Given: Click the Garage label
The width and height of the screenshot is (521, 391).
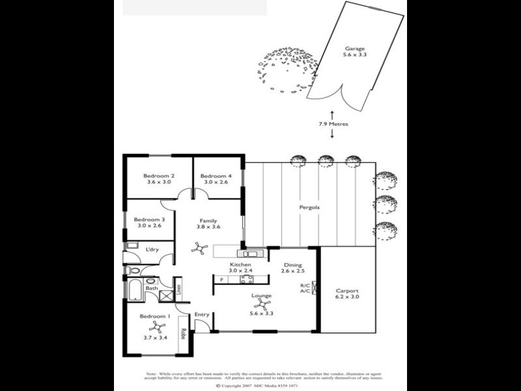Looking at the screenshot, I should pyautogui.click(x=355, y=48).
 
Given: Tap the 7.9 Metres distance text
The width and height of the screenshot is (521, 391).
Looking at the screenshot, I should pyautogui.click(x=333, y=123).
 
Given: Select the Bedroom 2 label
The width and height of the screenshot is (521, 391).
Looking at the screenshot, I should pyautogui.click(x=159, y=176).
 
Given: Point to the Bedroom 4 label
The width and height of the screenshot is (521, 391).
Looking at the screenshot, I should pyautogui.click(x=215, y=176).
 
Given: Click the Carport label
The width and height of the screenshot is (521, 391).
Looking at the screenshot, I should pyautogui.click(x=346, y=291).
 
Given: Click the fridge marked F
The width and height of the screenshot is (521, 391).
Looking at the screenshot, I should pyautogui.click(x=221, y=280).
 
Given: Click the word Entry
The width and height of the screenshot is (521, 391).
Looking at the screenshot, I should pyautogui.click(x=202, y=315).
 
